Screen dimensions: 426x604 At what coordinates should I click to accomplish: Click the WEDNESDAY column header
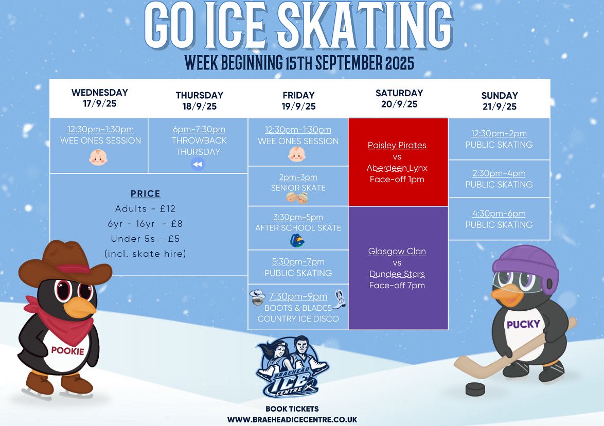[x=99, y=98]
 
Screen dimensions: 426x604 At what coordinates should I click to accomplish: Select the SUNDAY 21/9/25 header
[x=499, y=101]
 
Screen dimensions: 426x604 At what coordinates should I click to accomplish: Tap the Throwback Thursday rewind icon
[x=198, y=164]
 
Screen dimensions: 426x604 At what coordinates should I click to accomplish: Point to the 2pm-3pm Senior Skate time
[x=298, y=177]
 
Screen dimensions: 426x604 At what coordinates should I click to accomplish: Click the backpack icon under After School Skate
[x=297, y=240]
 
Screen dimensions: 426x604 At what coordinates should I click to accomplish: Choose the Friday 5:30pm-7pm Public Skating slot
[x=298, y=268]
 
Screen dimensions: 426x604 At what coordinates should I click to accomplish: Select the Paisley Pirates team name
[x=397, y=146]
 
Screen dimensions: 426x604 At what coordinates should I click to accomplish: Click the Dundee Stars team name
[x=397, y=274]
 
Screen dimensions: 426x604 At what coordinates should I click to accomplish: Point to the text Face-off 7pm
[x=397, y=286]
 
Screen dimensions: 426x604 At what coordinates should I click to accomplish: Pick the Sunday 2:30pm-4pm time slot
[x=499, y=174]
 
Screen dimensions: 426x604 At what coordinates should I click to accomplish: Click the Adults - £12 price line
[x=145, y=209]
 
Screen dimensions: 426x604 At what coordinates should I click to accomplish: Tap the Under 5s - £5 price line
[x=145, y=239]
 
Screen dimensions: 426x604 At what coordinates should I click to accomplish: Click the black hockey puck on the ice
[x=474, y=389]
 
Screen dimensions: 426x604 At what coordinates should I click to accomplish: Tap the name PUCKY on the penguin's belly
[x=523, y=325]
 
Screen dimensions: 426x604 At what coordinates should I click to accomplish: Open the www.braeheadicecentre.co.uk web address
[x=292, y=420]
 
